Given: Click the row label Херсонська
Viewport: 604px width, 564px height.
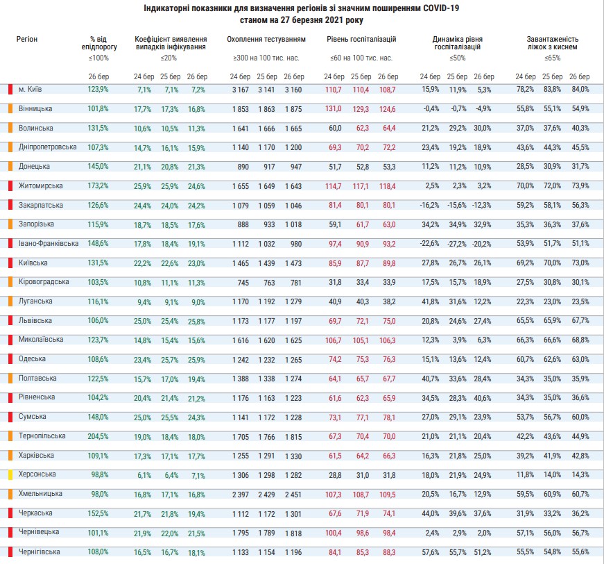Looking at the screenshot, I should (x=35, y=474).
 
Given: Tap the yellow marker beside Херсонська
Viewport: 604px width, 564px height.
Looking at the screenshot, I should (x=10, y=475).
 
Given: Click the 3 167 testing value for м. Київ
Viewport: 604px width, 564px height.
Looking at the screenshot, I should (x=240, y=90).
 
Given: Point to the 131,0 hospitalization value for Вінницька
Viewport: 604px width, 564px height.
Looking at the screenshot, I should (x=334, y=109).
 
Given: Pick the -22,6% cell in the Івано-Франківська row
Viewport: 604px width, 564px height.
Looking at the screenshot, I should (x=430, y=243).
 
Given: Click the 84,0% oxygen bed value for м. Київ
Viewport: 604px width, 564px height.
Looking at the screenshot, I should (x=580, y=90).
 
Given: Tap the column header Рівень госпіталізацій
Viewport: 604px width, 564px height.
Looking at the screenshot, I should (x=361, y=40).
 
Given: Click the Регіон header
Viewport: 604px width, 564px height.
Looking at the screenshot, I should (x=27, y=40).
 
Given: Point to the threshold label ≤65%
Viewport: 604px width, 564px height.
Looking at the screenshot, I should (x=553, y=58).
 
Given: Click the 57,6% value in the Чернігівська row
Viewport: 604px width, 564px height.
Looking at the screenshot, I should (x=430, y=551).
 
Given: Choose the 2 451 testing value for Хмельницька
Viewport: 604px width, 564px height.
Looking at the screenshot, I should (x=294, y=494).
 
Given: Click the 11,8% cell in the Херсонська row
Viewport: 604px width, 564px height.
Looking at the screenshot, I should (x=525, y=474).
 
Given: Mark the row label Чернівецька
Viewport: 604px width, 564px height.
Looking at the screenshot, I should (x=36, y=532).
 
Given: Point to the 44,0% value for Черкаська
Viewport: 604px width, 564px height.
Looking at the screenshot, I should (x=430, y=513).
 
